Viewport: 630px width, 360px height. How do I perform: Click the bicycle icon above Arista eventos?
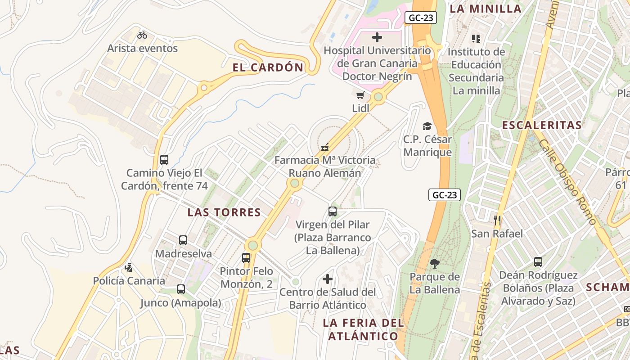(x=142, y=35)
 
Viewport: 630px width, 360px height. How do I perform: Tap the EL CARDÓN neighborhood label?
(x=268, y=67)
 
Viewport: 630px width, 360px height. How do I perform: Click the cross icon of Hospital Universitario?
(x=377, y=37)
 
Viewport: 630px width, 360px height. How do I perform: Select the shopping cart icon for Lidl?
(x=360, y=95)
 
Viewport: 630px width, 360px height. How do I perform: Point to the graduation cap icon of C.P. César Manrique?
(x=427, y=126)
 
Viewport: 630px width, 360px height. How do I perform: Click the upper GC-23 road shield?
(x=421, y=18)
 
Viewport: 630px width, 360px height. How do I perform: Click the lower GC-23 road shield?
(x=445, y=195)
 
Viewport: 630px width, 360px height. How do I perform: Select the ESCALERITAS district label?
(x=541, y=125)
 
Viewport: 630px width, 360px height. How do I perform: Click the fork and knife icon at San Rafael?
(x=497, y=220)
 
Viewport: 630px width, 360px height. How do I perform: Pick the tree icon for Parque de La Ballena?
(x=434, y=263)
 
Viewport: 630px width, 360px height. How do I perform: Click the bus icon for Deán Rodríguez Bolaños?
(x=538, y=261)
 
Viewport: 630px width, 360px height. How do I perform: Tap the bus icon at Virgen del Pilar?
(x=333, y=211)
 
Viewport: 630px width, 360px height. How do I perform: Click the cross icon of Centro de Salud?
(x=328, y=279)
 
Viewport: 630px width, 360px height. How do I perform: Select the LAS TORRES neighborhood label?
(x=224, y=212)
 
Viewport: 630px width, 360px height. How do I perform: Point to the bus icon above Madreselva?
(x=183, y=240)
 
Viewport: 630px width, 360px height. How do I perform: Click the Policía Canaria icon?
(x=129, y=267)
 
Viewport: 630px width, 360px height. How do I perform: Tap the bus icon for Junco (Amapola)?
(x=181, y=289)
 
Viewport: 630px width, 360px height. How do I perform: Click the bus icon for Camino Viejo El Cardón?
(x=164, y=159)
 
